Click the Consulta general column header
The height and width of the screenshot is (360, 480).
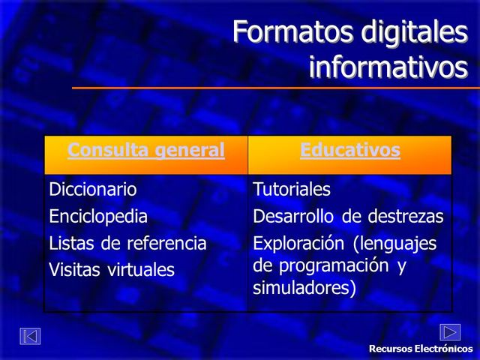click(146, 150)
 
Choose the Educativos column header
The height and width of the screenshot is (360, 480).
click(350, 150)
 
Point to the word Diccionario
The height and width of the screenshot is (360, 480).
click(93, 189)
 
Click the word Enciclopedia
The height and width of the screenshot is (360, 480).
click(98, 217)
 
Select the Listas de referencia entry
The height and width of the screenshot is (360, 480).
click(127, 243)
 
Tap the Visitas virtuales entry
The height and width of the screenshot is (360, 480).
click(112, 269)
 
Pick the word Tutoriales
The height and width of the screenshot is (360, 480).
click(292, 189)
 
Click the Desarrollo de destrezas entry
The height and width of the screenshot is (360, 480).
click(348, 217)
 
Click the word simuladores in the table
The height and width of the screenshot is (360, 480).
click(304, 287)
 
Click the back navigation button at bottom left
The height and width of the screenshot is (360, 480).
click(30, 337)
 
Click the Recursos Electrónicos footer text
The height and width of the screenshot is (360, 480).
click(421, 349)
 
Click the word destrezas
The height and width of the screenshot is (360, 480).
click(406, 217)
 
